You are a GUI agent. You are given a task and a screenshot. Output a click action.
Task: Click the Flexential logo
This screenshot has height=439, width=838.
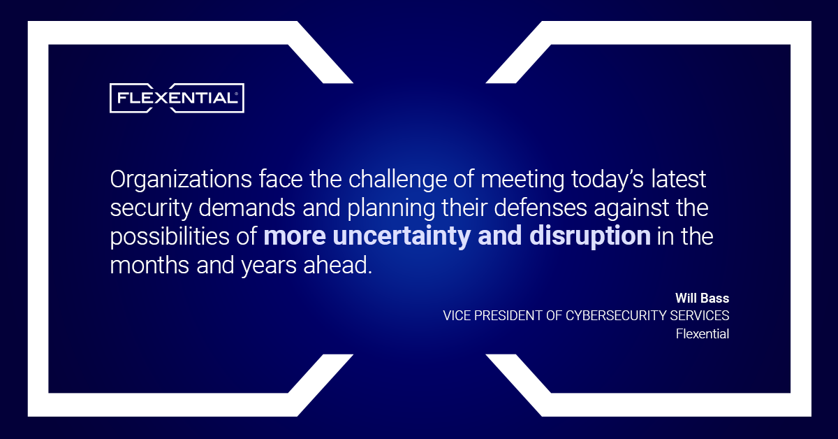(177, 98)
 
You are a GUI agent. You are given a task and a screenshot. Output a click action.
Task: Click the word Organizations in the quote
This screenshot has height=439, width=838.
(181, 180)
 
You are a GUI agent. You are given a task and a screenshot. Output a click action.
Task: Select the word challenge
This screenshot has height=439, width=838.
(397, 180)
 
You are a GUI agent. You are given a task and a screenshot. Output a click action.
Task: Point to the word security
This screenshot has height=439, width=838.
(151, 208)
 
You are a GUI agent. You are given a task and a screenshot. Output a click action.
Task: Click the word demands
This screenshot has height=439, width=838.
(247, 208)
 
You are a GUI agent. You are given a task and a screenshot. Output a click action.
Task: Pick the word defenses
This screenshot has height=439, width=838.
(541, 208)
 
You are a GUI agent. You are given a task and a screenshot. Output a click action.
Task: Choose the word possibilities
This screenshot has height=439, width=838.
(170, 237)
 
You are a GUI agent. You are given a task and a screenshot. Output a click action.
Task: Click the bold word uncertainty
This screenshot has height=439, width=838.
(402, 237)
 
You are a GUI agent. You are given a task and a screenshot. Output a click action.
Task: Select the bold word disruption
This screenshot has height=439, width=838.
(590, 237)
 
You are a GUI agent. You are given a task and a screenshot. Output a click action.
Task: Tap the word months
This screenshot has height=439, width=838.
(149, 265)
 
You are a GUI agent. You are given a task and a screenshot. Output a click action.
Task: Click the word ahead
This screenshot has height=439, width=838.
(337, 265)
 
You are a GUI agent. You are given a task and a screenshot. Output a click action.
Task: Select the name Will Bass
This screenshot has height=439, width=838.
(703, 298)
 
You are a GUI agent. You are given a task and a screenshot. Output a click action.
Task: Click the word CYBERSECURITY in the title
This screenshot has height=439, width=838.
(616, 316)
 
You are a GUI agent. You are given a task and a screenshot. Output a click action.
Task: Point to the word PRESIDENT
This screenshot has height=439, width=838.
(508, 316)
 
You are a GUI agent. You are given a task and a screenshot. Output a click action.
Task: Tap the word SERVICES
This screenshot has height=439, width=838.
(700, 316)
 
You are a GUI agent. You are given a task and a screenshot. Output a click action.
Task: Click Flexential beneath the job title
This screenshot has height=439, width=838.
(703, 333)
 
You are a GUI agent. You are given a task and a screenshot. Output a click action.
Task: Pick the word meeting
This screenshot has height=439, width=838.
(522, 180)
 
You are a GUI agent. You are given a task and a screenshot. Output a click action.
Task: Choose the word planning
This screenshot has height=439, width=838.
(391, 208)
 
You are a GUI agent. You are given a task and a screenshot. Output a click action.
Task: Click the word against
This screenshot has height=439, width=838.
(632, 208)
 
